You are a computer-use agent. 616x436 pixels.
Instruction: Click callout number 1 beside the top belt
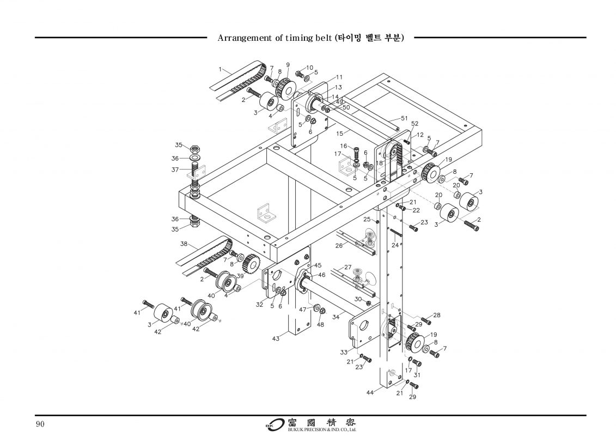point(221,69)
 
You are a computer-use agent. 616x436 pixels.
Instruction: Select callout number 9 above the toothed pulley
point(288,65)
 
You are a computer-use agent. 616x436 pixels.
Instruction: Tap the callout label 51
point(404,118)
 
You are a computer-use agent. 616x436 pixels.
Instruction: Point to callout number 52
point(414,124)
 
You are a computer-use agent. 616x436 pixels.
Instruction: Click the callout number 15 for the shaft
point(339,132)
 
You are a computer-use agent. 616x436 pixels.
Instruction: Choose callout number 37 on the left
point(175,169)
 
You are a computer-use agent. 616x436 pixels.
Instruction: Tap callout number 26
point(339,245)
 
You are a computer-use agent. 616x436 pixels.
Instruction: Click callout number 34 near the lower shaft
point(336,316)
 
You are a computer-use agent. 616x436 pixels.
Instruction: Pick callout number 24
point(395,245)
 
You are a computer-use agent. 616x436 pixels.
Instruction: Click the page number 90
point(40,424)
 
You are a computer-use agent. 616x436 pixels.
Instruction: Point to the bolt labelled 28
point(426,322)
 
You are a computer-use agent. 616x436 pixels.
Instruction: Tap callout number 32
point(259,305)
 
